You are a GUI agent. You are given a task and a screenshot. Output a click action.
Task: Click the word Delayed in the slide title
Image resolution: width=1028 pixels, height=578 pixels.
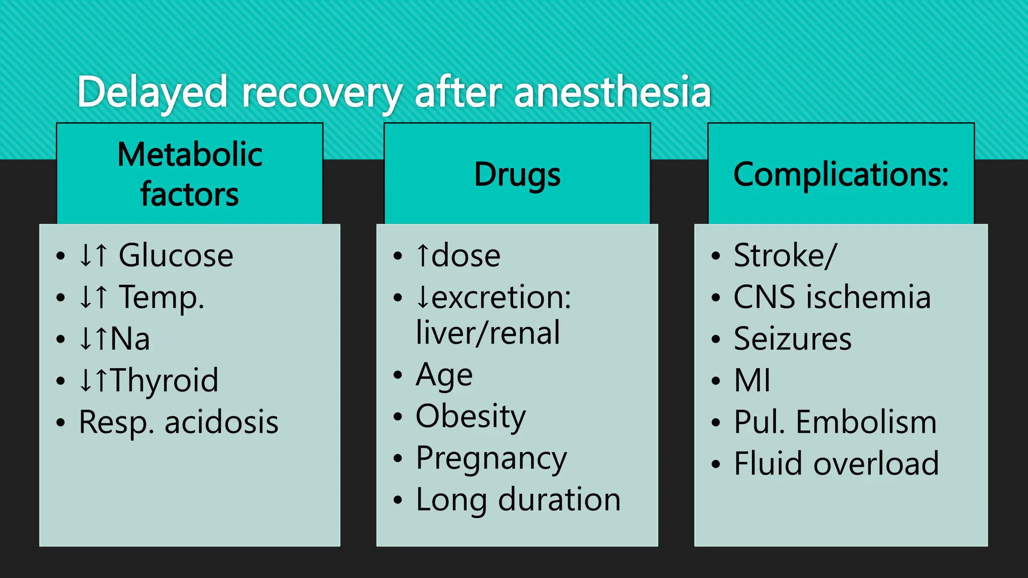click(152, 92)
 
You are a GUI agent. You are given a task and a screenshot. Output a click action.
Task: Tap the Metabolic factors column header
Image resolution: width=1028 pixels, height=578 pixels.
click(190, 174)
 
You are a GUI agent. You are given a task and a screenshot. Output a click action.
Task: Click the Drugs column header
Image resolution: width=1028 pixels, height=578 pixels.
click(517, 174)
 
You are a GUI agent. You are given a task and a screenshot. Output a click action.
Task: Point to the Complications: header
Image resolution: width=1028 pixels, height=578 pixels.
click(841, 174)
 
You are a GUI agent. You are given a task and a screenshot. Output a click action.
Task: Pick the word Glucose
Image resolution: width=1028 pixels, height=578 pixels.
click(176, 255)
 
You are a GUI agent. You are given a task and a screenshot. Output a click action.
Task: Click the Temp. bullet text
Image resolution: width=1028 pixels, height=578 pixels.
click(161, 297)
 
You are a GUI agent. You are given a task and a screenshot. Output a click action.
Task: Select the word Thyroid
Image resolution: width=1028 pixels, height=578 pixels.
click(164, 380)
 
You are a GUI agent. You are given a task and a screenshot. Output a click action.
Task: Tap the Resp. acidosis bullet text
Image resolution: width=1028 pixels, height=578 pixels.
click(178, 422)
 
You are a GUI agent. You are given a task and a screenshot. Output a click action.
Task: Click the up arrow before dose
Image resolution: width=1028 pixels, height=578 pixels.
click(423, 255)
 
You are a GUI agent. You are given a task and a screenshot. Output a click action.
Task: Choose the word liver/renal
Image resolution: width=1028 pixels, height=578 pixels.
click(488, 333)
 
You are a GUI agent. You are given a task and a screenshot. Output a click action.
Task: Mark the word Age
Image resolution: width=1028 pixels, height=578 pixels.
click(444, 375)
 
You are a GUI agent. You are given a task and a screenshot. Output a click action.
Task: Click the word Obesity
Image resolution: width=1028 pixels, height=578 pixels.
click(470, 416)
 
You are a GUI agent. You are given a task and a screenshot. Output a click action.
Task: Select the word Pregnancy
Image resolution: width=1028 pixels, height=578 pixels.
click(491, 459)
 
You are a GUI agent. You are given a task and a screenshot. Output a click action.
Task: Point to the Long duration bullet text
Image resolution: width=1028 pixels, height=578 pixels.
click(518, 500)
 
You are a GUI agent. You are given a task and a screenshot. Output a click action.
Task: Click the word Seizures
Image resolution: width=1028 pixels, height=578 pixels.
click(793, 339)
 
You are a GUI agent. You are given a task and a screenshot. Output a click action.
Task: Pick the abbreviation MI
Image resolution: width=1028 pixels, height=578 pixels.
click(752, 380)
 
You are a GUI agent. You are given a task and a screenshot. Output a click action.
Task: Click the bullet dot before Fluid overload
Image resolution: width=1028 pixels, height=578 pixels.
click(716, 464)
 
